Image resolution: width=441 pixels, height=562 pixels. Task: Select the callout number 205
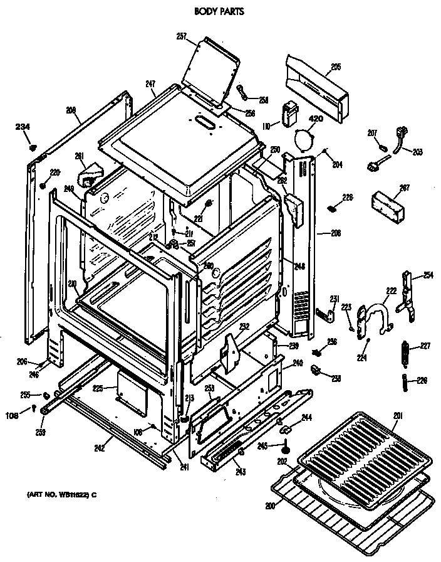point(335,66)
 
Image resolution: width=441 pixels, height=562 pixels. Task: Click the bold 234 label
point(23,127)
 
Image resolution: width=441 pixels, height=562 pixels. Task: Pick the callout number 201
point(398,415)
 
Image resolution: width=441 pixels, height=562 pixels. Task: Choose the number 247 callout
point(150,83)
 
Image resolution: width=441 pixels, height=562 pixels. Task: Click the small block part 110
point(290,114)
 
